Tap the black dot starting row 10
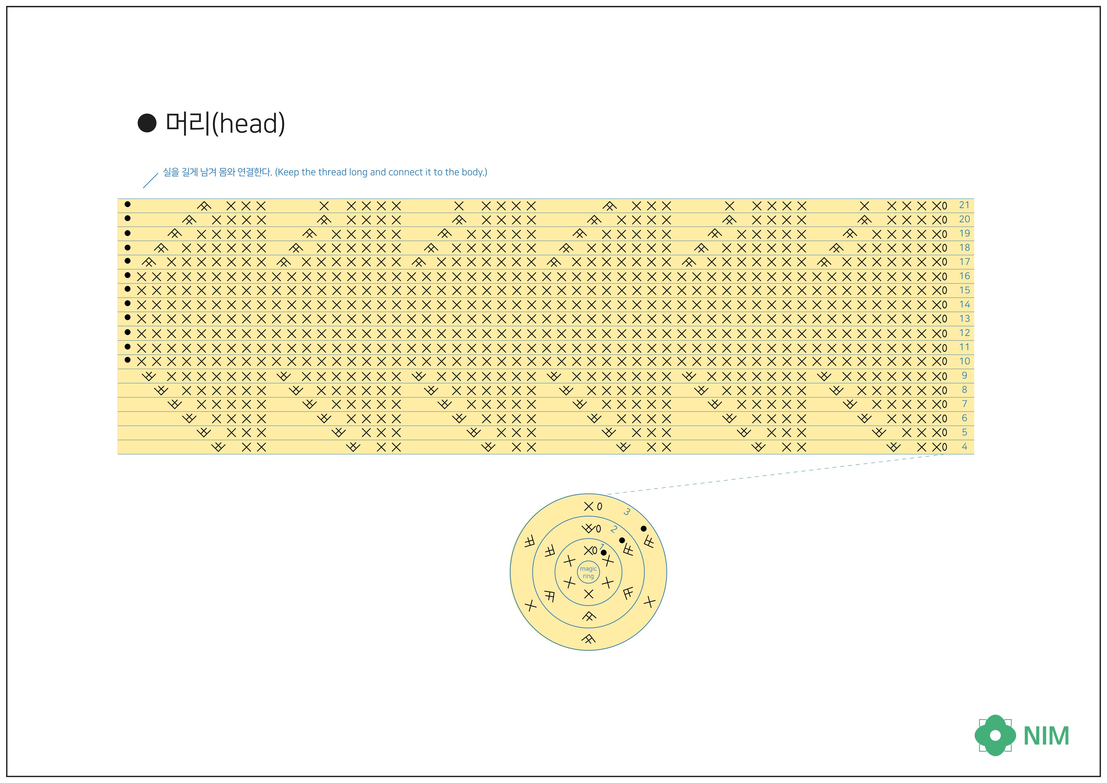(127, 360)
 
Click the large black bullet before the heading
(147, 123)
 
